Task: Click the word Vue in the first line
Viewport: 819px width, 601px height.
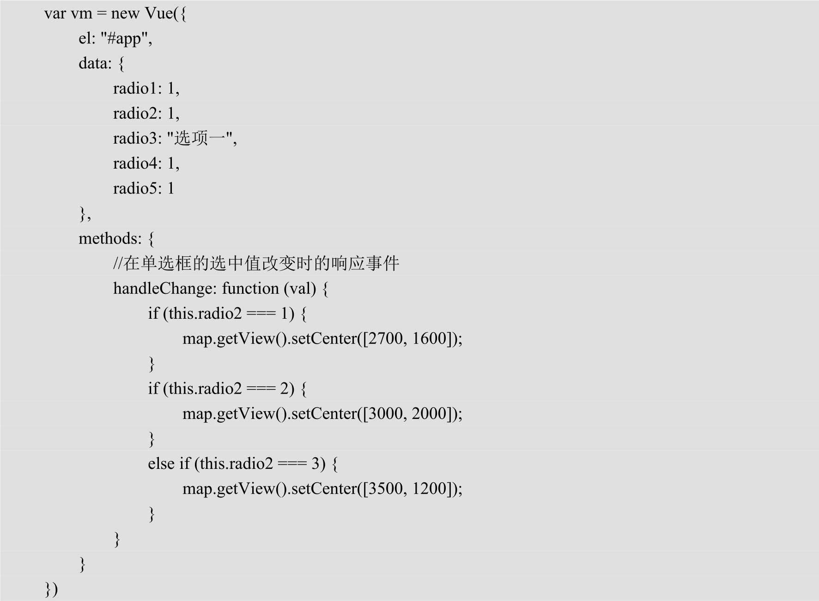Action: pyautogui.click(x=158, y=13)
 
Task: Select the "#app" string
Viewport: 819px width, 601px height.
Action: pyautogui.click(x=126, y=38)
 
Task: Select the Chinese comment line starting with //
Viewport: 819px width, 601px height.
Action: pyautogui.click(x=256, y=263)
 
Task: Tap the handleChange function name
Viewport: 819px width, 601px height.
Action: pyautogui.click(x=164, y=288)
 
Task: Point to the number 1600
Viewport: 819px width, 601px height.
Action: pyautogui.click(x=429, y=339)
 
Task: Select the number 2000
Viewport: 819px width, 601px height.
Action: pyautogui.click(x=429, y=413)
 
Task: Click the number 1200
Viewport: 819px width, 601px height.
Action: pyautogui.click(x=429, y=488)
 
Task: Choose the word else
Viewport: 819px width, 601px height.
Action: pyautogui.click(x=161, y=463)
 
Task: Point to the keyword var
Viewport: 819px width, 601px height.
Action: pyautogui.click(x=55, y=13)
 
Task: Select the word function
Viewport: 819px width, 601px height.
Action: pyautogui.click(x=250, y=288)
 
